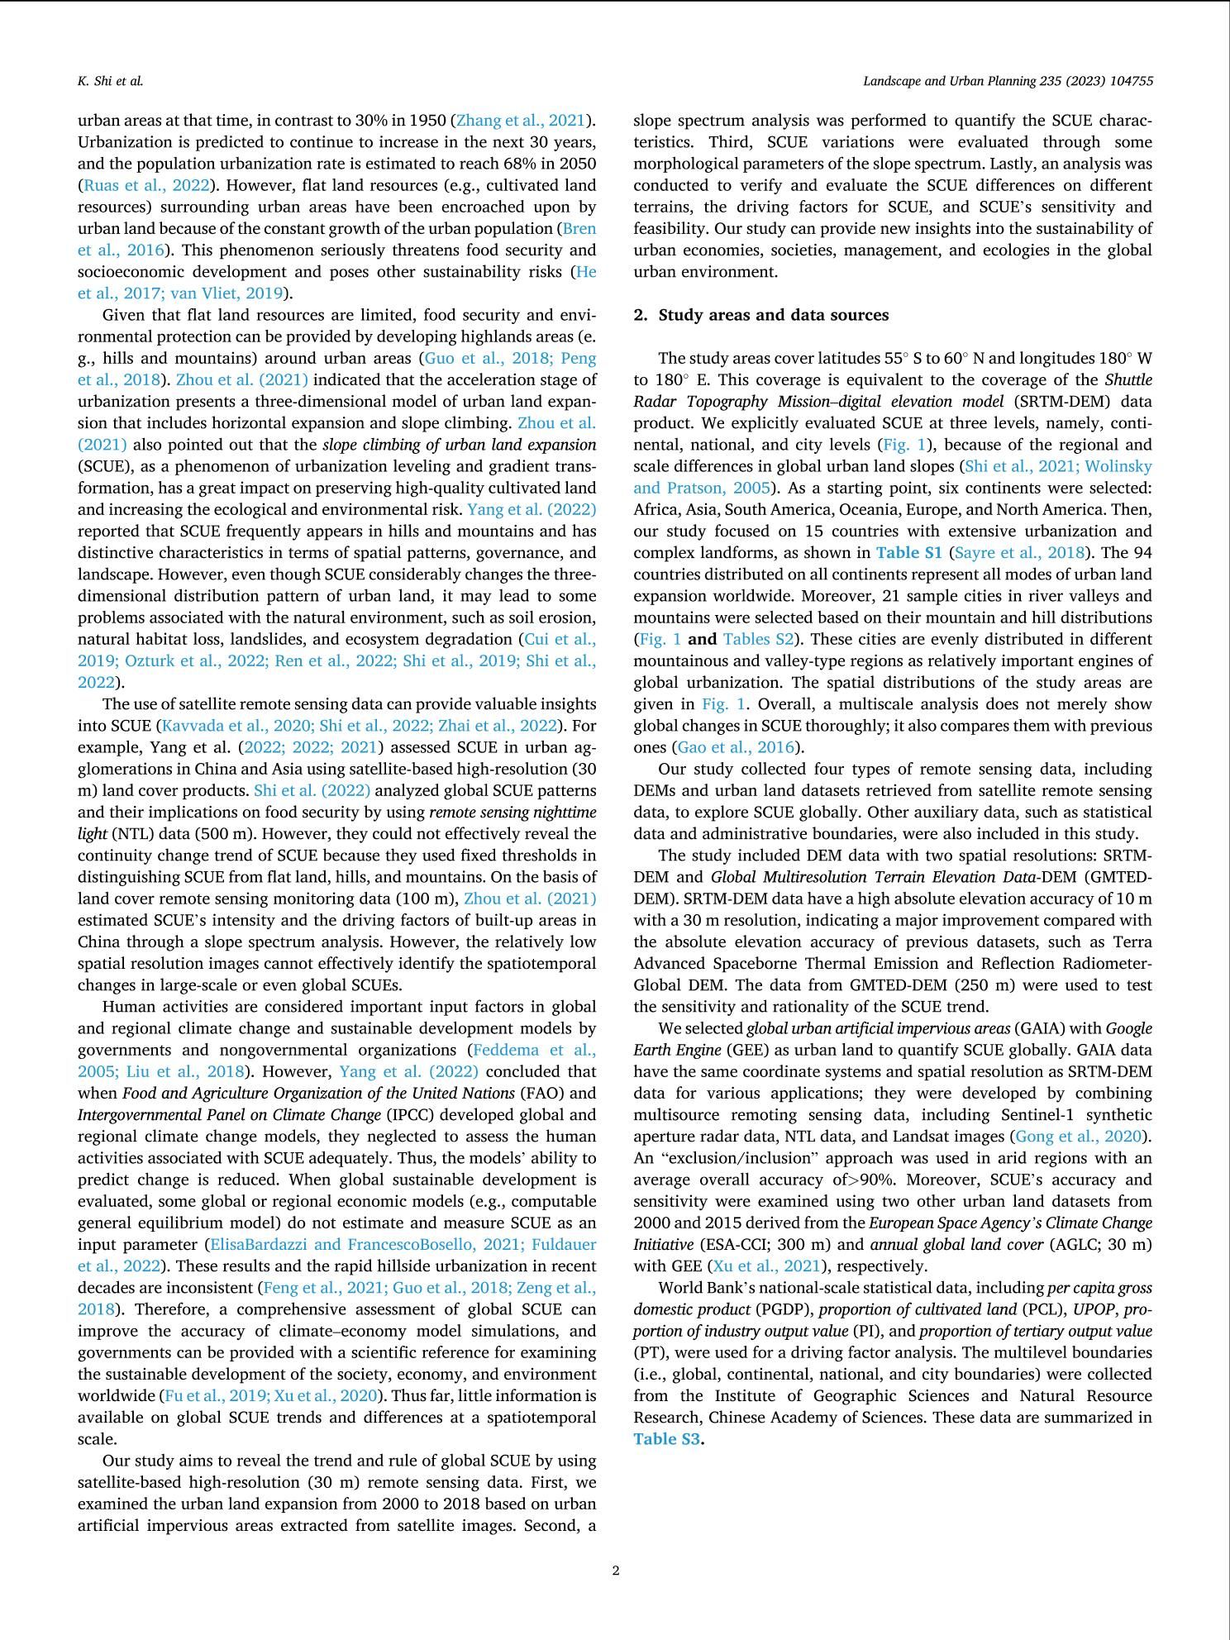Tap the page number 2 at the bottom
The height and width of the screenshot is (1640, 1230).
[x=616, y=1570]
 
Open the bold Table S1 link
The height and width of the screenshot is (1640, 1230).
[x=908, y=552]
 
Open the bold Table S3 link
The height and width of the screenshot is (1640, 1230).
[x=666, y=1439]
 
